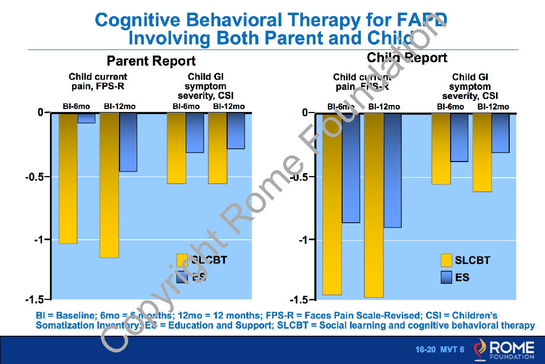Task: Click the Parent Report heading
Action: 151,61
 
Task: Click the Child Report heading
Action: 407,58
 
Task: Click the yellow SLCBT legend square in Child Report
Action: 446,261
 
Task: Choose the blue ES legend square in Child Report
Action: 446,277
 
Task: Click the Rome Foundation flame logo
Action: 480,348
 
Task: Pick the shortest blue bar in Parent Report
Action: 86,118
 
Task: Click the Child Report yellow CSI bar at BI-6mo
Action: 441,148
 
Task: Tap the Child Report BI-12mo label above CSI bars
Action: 493,107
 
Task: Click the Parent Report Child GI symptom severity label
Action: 205,86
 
